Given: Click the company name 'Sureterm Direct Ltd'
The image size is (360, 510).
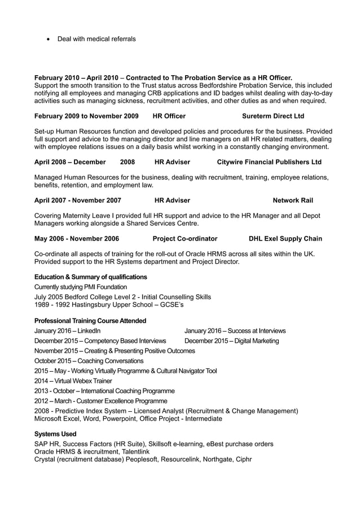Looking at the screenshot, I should pyautogui.click(x=273, y=116).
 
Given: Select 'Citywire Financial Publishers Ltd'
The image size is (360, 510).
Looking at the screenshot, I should pyautogui.click(x=269, y=162).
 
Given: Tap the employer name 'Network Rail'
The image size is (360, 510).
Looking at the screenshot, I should pyautogui.click(x=292, y=200).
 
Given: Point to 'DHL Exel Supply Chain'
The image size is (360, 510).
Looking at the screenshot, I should pyautogui.click(x=286, y=239).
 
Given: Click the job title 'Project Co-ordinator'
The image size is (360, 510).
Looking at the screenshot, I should pyautogui.click(x=185, y=239).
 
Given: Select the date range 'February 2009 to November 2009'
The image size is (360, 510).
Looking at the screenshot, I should pyautogui.click(x=86, y=116).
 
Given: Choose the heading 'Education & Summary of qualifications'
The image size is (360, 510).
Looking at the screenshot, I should pyautogui.click(x=90, y=277).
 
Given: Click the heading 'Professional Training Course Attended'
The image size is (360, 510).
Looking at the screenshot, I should pyautogui.click(x=90, y=321).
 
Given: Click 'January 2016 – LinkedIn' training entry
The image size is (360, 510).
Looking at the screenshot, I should pyautogui.click(x=68, y=330).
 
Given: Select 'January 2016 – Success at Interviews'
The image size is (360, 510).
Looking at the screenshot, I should pyautogui.click(x=235, y=330).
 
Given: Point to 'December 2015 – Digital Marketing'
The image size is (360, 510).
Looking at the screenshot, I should pyautogui.click(x=231, y=341).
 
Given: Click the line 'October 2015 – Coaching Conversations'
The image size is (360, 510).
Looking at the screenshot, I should pyautogui.click(x=89, y=361).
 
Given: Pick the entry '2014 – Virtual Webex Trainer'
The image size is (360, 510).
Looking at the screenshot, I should pyautogui.click(x=73, y=381).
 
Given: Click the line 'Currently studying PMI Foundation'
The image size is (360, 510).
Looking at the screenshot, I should pyautogui.click(x=81, y=287).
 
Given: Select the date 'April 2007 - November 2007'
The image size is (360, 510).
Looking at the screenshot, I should pyautogui.click(x=78, y=200).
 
